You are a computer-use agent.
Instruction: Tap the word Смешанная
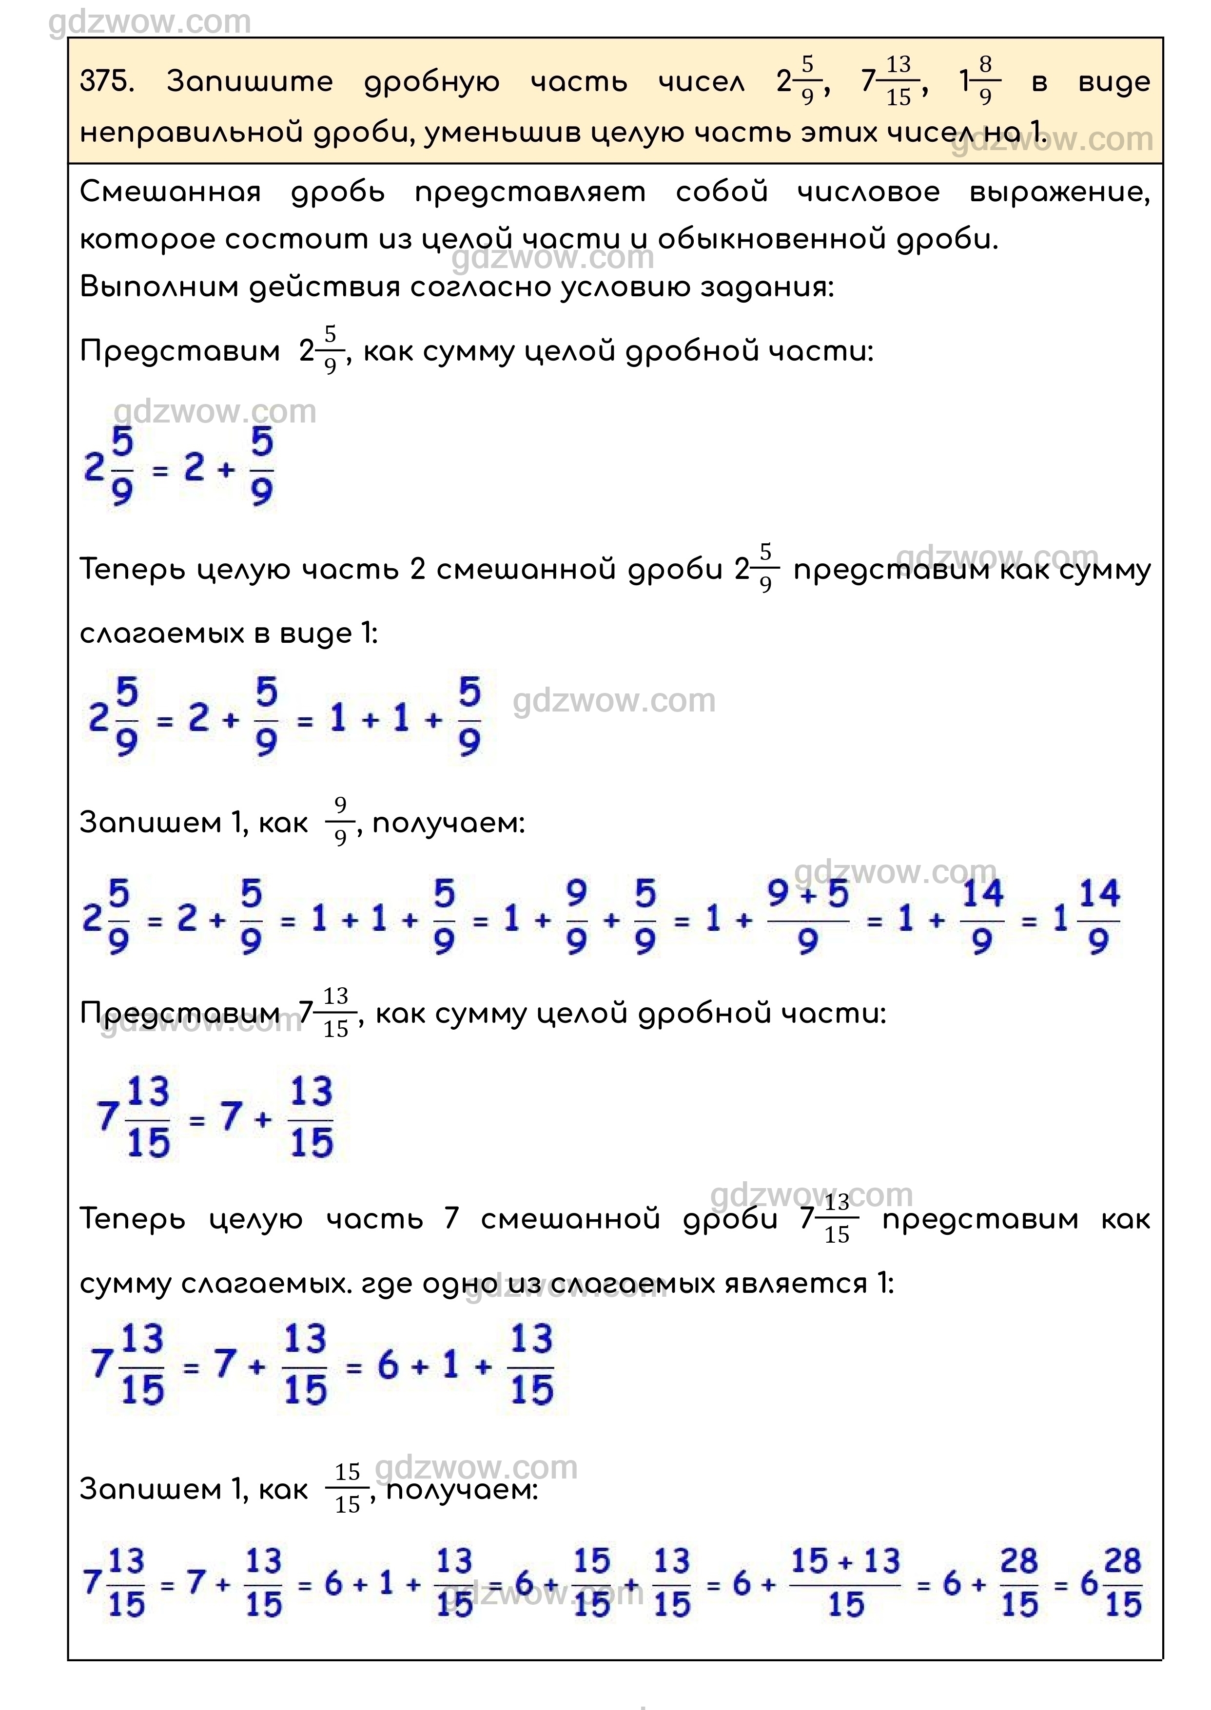[x=170, y=192]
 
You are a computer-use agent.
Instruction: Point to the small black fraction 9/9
[x=340, y=822]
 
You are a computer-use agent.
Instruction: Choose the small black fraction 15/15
[x=348, y=1489]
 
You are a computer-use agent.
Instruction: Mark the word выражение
[x=1059, y=192]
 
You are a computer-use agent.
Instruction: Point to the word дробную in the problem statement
[x=431, y=82]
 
